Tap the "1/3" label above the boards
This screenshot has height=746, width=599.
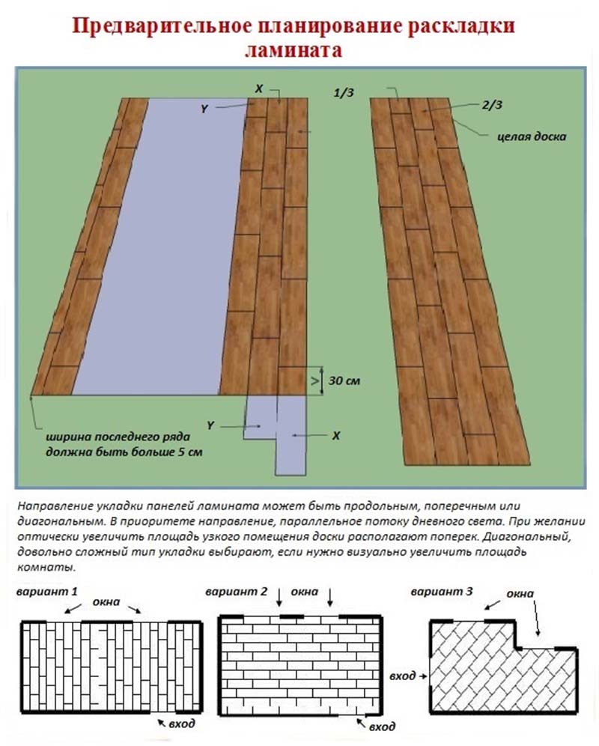click(x=344, y=92)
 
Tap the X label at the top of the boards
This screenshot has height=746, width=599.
click(x=259, y=88)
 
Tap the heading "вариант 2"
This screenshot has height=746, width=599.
click(x=236, y=591)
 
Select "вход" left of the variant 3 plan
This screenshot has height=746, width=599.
click(x=403, y=676)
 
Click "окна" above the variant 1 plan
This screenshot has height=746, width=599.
click(x=106, y=601)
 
